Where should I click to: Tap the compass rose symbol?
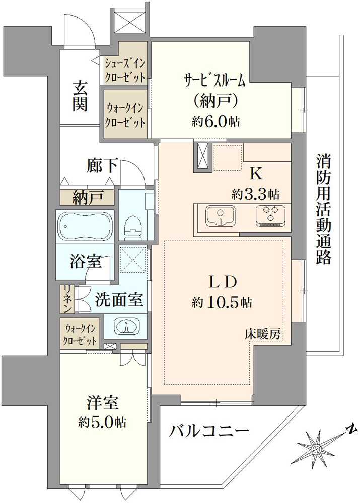pyautogui.click(x=316, y=446)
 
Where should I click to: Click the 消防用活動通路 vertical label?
pyautogui.click(x=323, y=209)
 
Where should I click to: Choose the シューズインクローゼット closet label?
pyautogui.click(x=125, y=70)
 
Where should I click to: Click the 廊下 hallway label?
pyautogui.click(x=103, y=165)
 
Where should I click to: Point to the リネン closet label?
pyautogui.click(x=66, y=299)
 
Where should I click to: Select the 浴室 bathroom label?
pyautogui.click(x=86, y=262)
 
